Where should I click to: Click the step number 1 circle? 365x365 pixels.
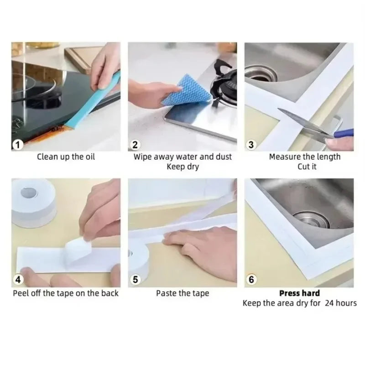pos(18,145)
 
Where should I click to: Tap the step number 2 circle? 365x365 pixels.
pos(135,145)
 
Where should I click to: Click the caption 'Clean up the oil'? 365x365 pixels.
pos(66,157)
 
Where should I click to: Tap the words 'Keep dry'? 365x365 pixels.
pos(182,167)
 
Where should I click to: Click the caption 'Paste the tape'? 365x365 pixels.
pos(182,293)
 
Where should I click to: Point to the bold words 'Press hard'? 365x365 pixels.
pos(299,293)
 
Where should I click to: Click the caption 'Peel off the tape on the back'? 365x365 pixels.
pos(66,293)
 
